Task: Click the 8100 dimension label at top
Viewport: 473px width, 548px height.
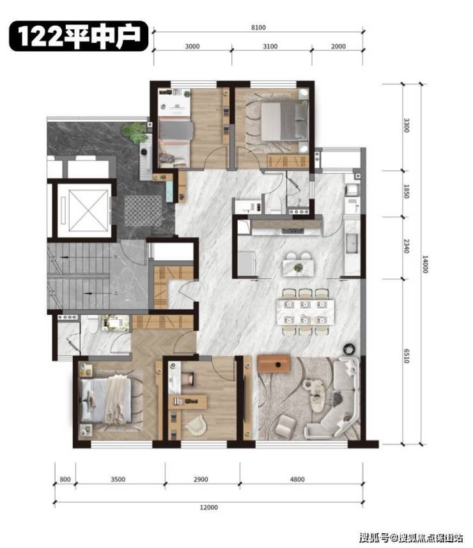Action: [x=258, y=27]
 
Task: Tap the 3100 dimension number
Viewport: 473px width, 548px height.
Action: [x=270, y=46]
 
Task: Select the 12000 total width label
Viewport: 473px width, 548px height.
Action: [x=208, y=507]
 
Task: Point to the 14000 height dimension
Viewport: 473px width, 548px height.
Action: [x=425, y=264]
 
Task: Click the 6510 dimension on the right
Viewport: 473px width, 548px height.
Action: [x=407, y=356]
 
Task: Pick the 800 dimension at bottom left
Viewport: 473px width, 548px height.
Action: [x=65, y=479]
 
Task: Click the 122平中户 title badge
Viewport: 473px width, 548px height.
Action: [x=79, y=36]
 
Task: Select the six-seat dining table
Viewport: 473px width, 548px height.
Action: [x=305, y=312]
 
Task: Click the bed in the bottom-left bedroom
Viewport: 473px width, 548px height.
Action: [x=105, y=400]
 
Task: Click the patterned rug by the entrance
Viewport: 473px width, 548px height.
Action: [x=143, y=211]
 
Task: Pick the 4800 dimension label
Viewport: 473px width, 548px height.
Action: [x=297, y=479]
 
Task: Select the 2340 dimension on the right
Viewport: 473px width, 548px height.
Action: [x=407, y=246]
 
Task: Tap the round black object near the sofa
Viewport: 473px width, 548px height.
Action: [x=348, y=348]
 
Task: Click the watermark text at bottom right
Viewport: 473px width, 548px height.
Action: [x=411, y=537]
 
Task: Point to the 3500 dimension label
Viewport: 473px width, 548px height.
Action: [x=118, y=479]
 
